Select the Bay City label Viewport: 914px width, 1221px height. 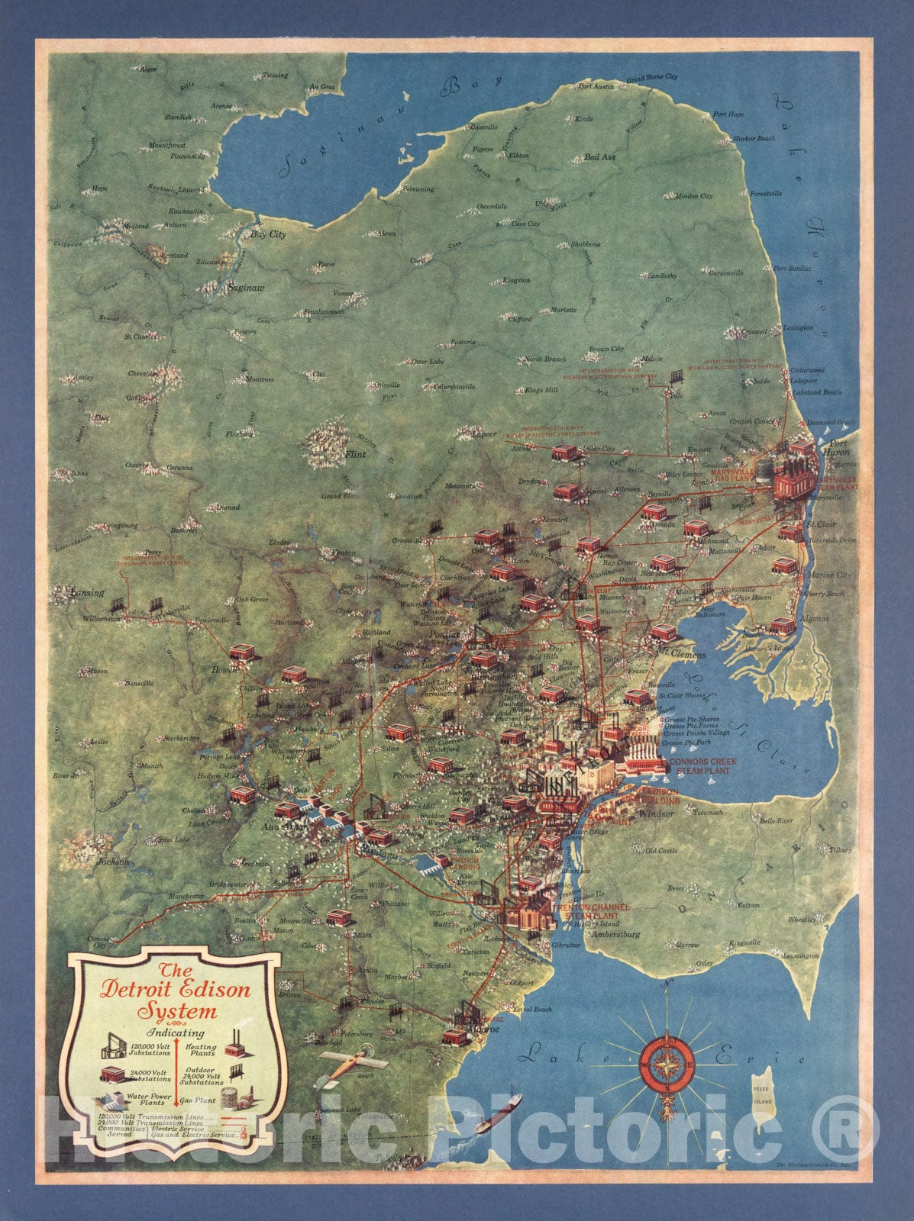[268, 235]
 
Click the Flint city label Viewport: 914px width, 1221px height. [355, 454]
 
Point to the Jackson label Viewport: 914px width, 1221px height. [113, 862]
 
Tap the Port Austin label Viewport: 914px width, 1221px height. [596, 86]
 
